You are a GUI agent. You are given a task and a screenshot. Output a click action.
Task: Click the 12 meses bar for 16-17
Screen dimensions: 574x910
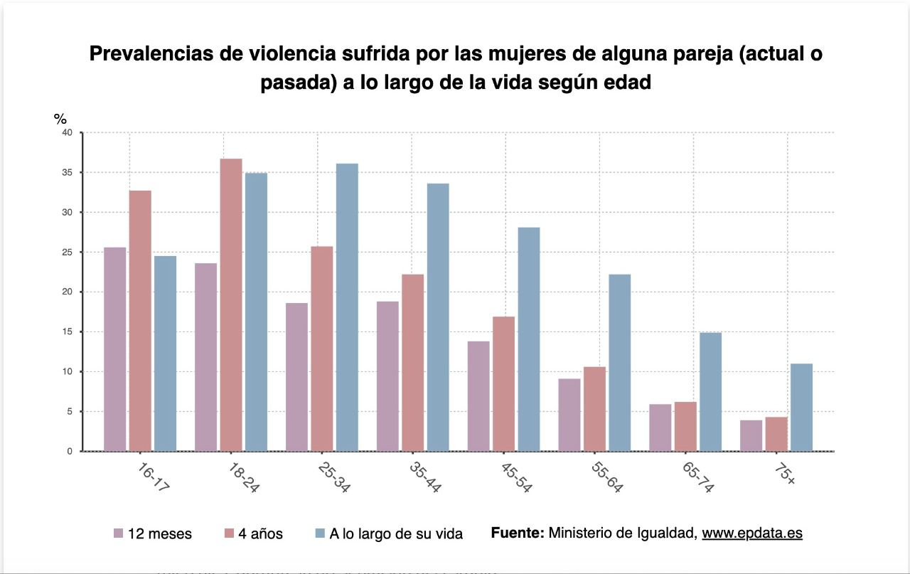click(x=114, y=349)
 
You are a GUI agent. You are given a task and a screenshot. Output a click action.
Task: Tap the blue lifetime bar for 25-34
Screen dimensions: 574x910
click(x=347, y=307)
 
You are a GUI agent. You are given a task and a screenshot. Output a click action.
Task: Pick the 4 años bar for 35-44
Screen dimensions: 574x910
click(x=412, y=362)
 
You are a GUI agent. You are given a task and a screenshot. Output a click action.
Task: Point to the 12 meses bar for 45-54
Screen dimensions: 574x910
click(x=478, y=395)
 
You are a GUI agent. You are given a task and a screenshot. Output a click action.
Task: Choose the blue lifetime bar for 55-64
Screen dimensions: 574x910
click(x=619, y=362)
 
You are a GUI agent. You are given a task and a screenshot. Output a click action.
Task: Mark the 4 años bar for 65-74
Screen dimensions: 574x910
click(x=685, y=426)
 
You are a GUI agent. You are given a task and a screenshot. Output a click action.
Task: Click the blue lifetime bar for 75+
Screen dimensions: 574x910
click(x=801, y=407)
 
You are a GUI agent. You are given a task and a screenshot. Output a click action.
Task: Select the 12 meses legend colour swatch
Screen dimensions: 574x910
click(x=119, y=533)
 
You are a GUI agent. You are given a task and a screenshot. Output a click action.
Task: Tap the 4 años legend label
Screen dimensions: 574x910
click(x=262, y=533)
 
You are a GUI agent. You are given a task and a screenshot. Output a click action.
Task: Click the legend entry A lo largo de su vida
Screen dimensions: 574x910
click(x=396, y=533)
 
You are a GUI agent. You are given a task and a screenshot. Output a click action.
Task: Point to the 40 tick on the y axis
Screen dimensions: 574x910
click(x=67, y=133)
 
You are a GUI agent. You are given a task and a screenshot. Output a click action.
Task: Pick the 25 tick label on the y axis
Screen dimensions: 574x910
click(x=67, y=253)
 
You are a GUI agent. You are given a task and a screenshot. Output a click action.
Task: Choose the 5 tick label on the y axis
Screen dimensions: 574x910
click(x=69, y=412)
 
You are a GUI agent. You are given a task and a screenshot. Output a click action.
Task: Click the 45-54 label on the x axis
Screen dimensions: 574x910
click(x=515, y=477)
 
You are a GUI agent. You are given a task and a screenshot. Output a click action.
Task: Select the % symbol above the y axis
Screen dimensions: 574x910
click(x=60, y=119)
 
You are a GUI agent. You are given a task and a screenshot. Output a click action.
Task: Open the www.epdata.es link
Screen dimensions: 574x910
click(x=752, y=533)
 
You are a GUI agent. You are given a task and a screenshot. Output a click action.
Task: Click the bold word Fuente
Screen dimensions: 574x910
click(x=517, y=533)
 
